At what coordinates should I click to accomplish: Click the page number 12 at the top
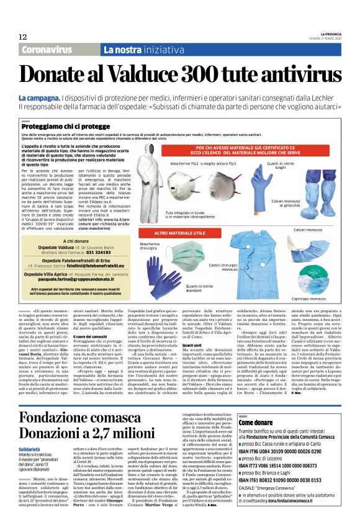click(23, 37)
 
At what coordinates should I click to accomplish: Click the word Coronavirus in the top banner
click(47, 50)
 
